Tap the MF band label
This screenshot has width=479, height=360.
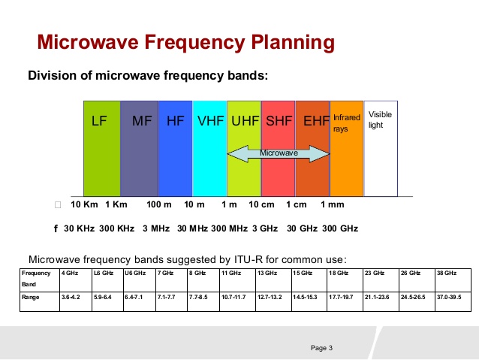coord(142,120)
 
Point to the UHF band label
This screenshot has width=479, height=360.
coord(244,120)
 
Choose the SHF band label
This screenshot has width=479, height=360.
coord(279,120)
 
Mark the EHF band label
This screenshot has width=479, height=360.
coord(313,120)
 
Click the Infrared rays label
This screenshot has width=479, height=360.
coord(346,123)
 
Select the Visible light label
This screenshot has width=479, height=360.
coord(380,119)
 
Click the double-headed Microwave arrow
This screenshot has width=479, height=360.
coord(279,153)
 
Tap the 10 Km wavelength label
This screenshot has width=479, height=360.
coord(85,204)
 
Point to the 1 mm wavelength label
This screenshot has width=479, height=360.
coord(332,204)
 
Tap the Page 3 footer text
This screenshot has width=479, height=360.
coord(321,347)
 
